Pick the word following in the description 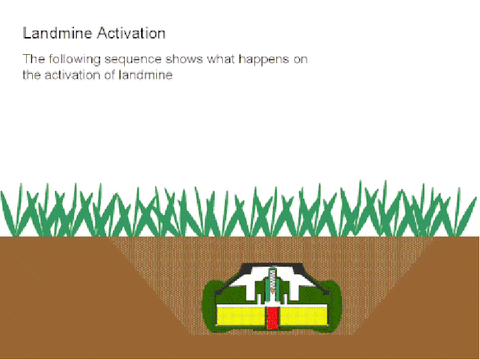(x=71, y=60)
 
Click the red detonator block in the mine (x=273, y=317)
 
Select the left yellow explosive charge (x=241, y=316)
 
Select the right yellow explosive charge (x=306, y=316)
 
